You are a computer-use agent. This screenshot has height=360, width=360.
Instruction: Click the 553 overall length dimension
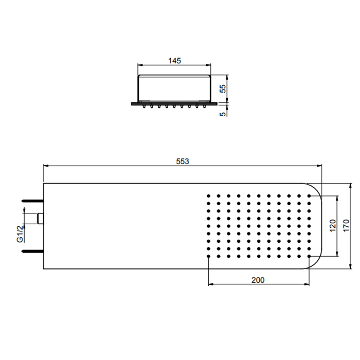[183, 161]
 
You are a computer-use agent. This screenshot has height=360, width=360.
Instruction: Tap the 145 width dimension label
[175, 61]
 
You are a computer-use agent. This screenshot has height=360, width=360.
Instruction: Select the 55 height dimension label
[223, 88]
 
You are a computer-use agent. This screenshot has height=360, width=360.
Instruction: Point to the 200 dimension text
[258, 280]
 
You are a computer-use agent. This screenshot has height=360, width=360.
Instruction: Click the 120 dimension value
[333, 226]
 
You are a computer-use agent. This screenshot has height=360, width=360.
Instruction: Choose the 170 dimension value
[347, 226]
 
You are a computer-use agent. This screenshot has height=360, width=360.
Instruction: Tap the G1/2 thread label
[20, 233]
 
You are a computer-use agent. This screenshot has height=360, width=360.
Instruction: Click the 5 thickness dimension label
[223, 114]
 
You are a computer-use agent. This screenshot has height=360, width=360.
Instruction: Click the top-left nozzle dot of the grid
[208, 196]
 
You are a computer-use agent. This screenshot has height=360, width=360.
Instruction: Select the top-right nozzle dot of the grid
[309, 196]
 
